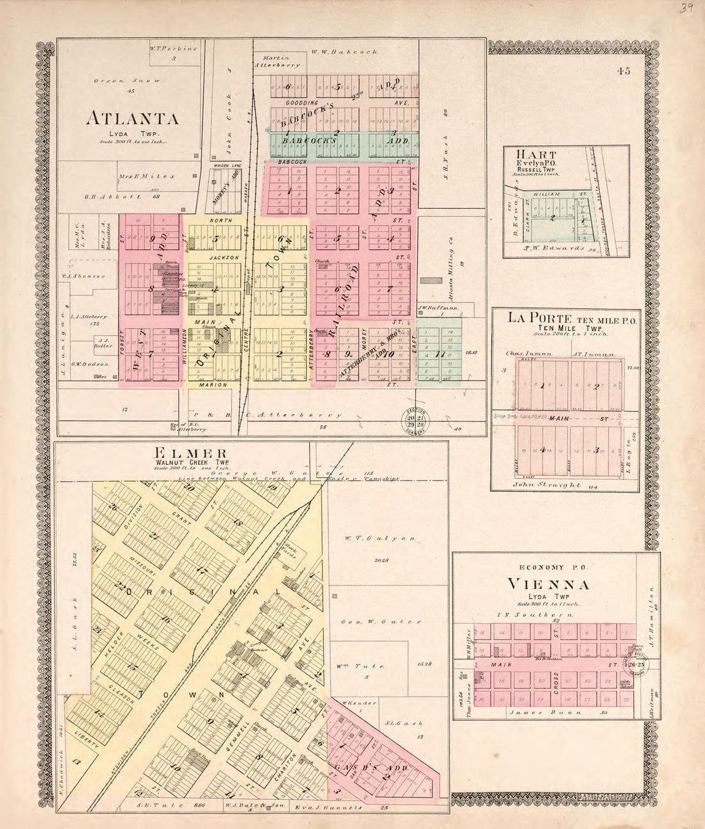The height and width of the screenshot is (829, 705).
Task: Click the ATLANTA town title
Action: (132, 119)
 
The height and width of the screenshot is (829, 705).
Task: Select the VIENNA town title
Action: (556, 584)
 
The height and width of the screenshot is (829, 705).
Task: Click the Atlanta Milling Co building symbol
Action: (431, 280)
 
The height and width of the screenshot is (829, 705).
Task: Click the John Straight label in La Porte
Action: (545, 486)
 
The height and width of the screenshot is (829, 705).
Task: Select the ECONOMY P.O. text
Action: (556, 567)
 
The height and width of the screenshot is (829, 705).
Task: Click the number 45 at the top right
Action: (624, 71)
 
